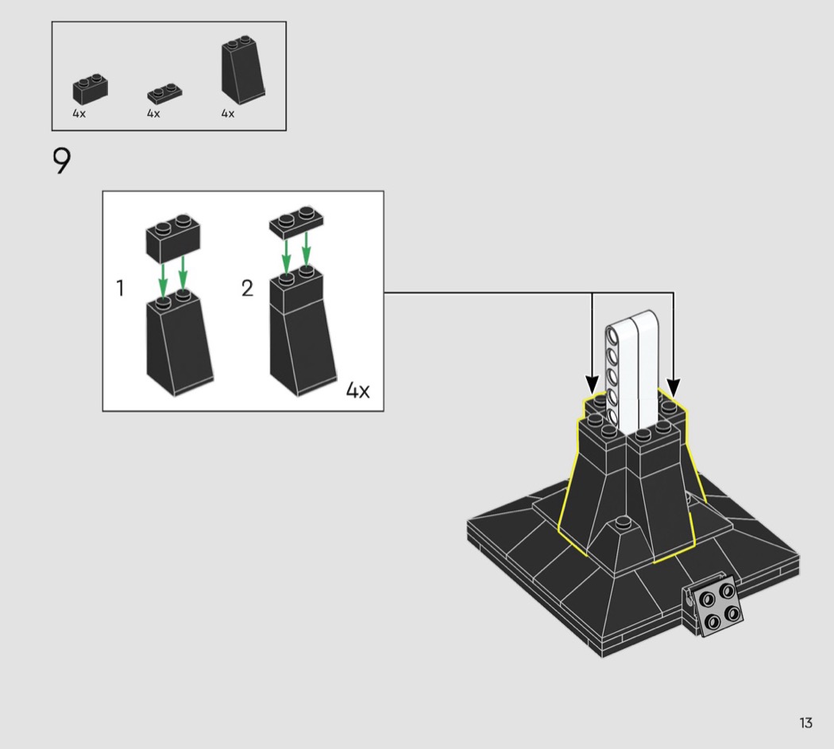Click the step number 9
[62, 161]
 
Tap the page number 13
[806, 723]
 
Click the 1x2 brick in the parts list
[91, 89]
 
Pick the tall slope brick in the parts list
[243, 70]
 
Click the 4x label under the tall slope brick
[228, 114]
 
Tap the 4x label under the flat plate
[153, 114]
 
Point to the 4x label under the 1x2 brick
[79, 114]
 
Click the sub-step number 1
[120, 288]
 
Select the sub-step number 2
[247, 288]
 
